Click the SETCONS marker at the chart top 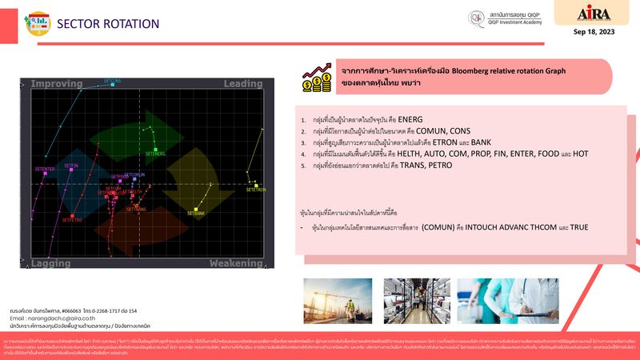coord(113,85)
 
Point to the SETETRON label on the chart coord(255,190)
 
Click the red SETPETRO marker coord(72,216)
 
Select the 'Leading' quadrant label coord(242,83)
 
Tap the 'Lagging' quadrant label coord(51,262)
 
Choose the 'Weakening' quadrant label coord(236,262)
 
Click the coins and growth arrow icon coord(318,78)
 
